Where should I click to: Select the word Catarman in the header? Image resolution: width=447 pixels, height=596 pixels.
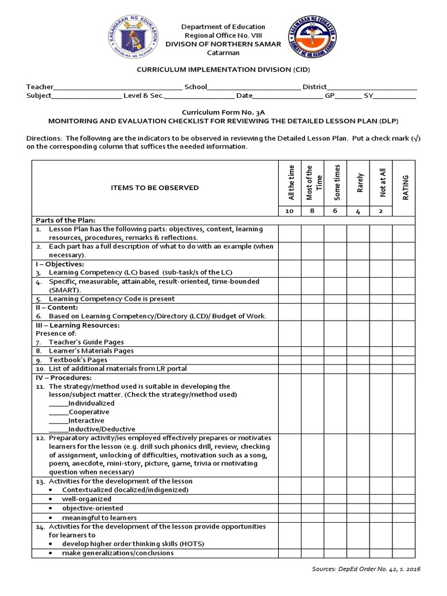click(223, 53)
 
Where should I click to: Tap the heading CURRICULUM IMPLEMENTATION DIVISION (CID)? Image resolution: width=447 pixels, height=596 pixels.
click(223, 69)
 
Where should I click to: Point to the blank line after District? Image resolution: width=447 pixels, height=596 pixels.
click(372, 87)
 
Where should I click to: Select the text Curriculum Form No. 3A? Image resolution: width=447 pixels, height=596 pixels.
click(223, 112)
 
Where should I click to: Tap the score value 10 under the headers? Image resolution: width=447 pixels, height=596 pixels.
click(289, 211)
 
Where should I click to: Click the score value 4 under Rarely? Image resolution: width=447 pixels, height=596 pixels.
click(358, 211)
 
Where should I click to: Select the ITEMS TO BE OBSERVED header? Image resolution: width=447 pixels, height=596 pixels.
click(155, 187)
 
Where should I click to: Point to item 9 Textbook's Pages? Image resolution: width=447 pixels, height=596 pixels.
click(78, 360)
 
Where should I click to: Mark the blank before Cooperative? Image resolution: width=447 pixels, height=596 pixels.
click(58, 412)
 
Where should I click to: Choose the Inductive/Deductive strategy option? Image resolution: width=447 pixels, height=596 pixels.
click(102, 429)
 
